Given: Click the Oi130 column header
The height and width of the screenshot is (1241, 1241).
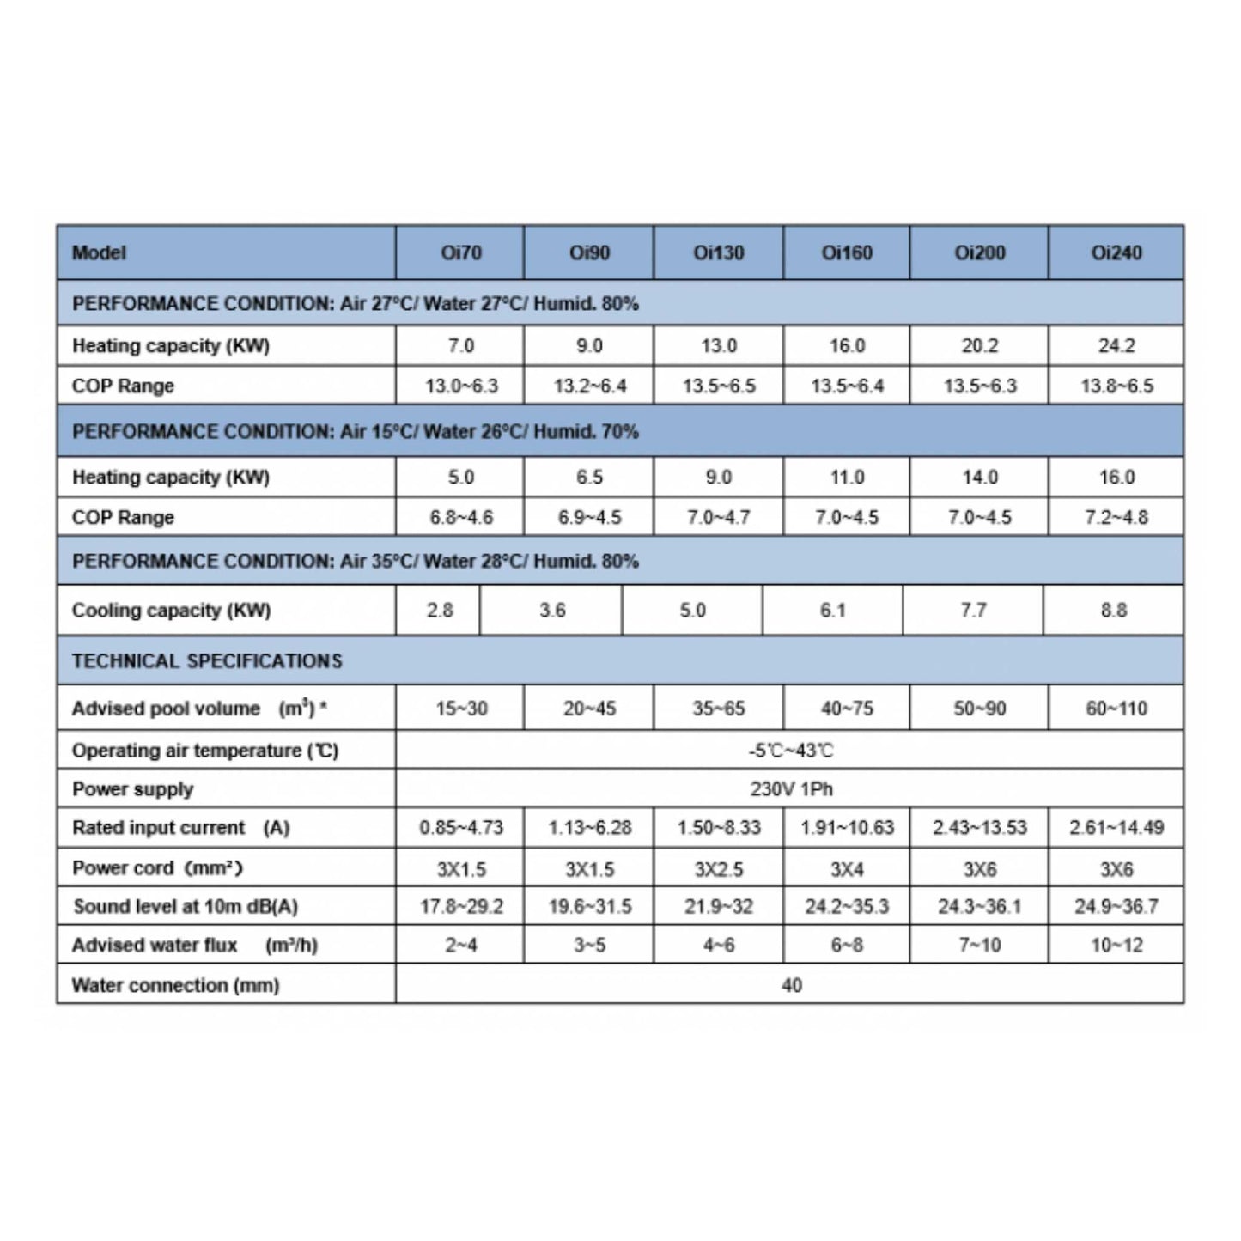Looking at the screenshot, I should (x=718, y=252).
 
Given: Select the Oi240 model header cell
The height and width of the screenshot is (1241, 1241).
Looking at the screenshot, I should (x=1116, y=252).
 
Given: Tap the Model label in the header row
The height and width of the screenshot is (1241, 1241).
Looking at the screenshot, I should (x=99, y=252).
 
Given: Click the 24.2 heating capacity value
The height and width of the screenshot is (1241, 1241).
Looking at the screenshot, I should (x=1116, y=345).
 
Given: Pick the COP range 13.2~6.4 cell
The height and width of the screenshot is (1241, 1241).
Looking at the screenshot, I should (x=589, y=386).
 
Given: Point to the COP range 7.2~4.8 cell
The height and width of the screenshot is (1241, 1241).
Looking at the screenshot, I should (x=1116, y=517).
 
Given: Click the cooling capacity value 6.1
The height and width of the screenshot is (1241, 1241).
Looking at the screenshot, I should (x=832, y=611).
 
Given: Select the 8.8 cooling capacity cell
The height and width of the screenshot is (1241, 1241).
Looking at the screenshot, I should (x=1113, y=611).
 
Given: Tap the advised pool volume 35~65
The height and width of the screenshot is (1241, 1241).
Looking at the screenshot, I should (x=718, y=709).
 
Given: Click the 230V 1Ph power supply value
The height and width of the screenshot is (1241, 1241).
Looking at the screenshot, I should (x=790, y=788).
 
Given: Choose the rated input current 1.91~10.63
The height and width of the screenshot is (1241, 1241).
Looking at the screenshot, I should (x=847, y=828).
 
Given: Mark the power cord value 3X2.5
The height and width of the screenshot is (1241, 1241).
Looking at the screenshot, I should (x=718, y=869).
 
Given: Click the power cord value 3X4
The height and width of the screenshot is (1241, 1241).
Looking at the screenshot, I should (x=847, y=869).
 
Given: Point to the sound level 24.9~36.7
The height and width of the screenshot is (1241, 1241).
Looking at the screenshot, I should (x=1116, y=907).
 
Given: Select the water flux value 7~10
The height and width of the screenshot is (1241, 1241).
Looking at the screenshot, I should (x=979, y=946).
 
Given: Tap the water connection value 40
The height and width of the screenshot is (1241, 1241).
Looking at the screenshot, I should (x=790, y=985).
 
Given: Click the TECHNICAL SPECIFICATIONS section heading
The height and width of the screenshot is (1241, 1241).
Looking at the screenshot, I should (x=207, y=660).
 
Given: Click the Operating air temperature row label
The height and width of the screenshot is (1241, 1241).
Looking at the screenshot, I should (x=205, y=751).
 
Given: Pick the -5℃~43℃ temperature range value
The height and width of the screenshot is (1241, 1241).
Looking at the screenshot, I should (x=790, y=751).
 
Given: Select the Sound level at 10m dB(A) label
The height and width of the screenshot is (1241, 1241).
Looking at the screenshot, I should (x=186, y=907).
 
